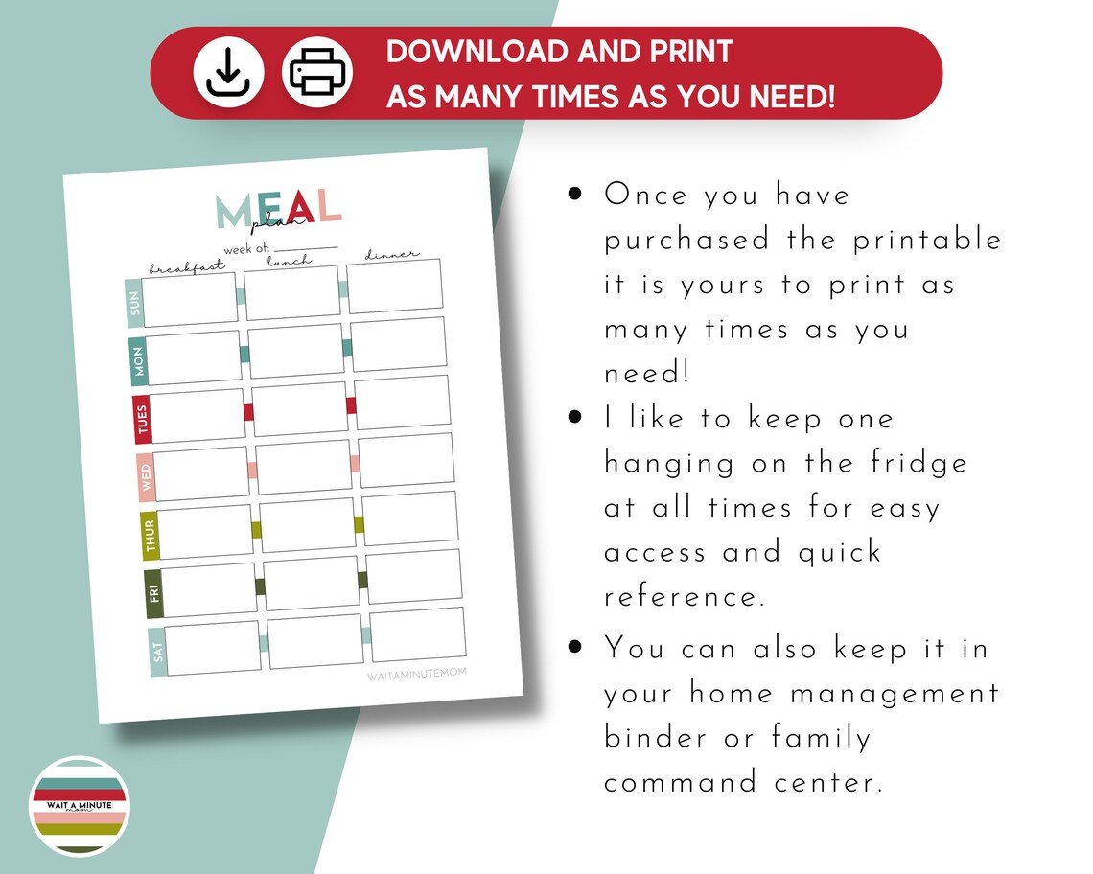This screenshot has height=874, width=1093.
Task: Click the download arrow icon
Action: coord(228,73)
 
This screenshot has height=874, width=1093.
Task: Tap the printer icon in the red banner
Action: coord(317,73)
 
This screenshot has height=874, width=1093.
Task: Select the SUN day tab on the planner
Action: coord(134,304)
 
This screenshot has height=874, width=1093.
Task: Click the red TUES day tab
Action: coord(143,419)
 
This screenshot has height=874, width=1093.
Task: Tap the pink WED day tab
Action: coord(147,476)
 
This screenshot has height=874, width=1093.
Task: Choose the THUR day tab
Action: coord(151,535)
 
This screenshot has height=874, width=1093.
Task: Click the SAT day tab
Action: coord(158,652)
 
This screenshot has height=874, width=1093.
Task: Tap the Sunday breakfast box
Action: coord(191,299)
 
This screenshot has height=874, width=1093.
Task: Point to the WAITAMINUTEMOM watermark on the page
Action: coord(417,674)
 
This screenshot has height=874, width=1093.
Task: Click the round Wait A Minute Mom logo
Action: coord(80,806)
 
